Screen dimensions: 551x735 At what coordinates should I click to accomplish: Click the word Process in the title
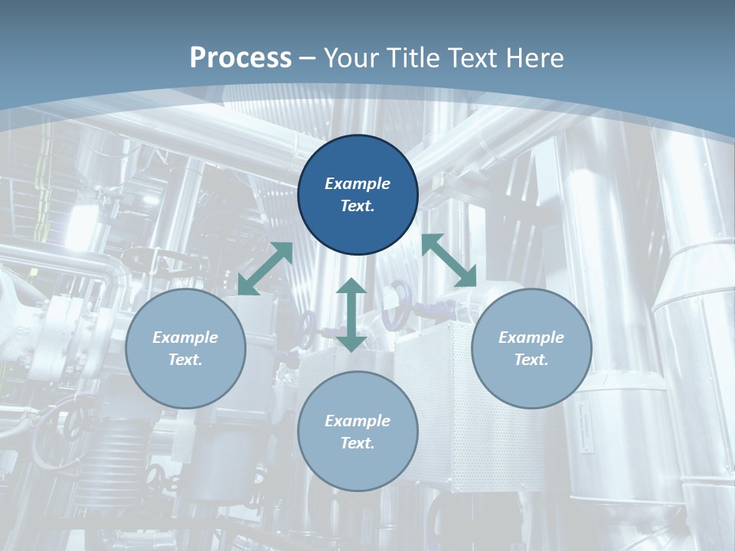(240, 57)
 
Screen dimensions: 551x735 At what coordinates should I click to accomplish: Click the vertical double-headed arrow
(351, 315)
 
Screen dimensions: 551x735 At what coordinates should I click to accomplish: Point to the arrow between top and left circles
(266, 269)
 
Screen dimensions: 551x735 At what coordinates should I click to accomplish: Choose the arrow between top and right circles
(449, 260)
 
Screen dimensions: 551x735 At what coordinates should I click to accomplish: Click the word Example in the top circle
(358, 184)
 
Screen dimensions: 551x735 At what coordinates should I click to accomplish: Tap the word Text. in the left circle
(185, 360)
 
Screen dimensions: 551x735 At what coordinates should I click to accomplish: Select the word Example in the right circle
(531, 337)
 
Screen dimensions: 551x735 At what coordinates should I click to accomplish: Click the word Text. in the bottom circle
(358, 443)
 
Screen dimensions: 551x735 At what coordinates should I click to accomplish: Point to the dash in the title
(308, 58)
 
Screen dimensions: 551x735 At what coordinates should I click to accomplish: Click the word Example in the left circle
(185, 337)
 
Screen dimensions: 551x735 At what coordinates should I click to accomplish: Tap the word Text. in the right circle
(531, 360)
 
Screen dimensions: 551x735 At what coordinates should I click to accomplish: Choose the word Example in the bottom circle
(358, 421)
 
